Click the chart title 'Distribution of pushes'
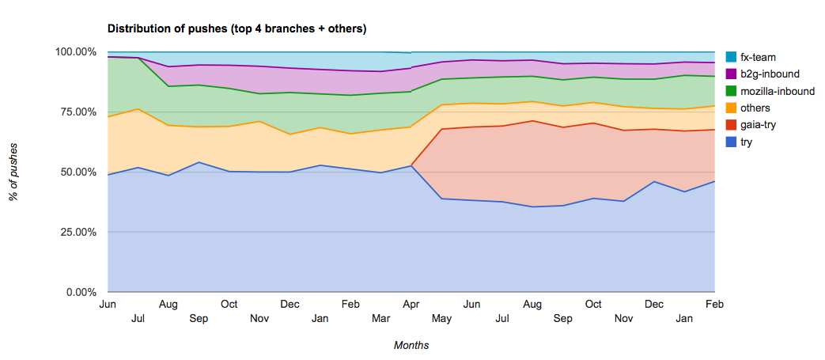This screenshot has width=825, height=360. pos(237,29)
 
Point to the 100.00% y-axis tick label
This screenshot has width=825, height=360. pos(76,51)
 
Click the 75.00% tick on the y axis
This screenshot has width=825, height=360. pos(78,112)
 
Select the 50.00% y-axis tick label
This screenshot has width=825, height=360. pos(78,172)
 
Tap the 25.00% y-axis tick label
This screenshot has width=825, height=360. pos(78,232)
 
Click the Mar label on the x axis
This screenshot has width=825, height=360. pos(380,318)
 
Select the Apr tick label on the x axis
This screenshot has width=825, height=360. pos(411,304)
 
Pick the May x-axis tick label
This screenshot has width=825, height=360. pos(441,318)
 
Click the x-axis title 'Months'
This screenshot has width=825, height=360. pos(411,345)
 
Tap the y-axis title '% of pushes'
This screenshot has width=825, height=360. pos(14,172)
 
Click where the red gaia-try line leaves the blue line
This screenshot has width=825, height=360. pos(411,165)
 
